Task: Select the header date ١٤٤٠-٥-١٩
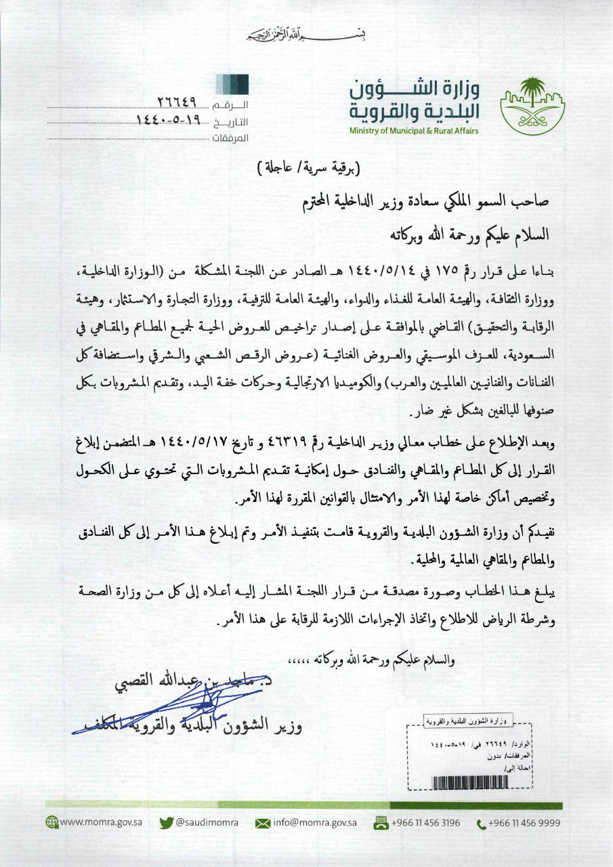click(x=167, y=121)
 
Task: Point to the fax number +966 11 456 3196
click(x=425, y=822)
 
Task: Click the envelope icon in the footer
click(x=262, y=823)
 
